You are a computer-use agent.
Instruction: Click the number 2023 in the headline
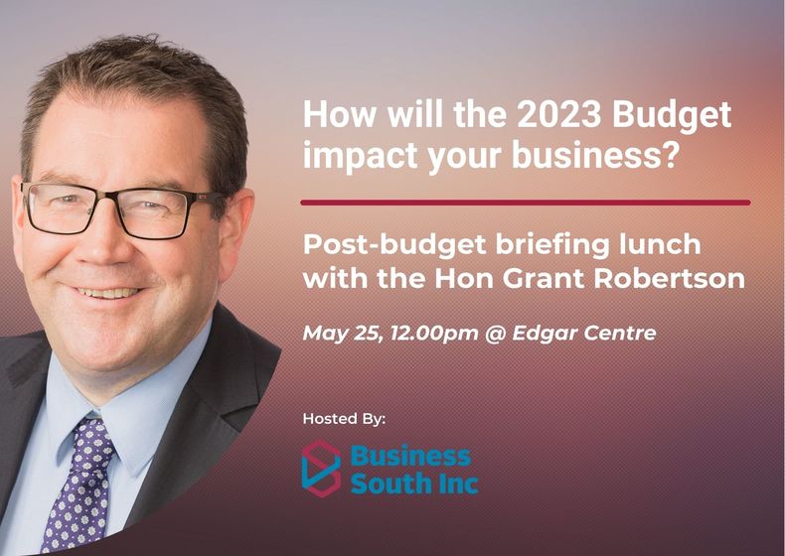coord(557,114)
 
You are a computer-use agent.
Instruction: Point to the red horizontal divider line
coord(526,203)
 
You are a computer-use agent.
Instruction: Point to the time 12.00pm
coord(434,334)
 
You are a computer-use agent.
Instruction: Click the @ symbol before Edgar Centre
coord(495,334)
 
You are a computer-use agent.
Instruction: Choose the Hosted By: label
coord(345,418)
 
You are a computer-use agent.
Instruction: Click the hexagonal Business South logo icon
coord(321,469)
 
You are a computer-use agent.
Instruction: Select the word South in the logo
coord(383,483)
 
